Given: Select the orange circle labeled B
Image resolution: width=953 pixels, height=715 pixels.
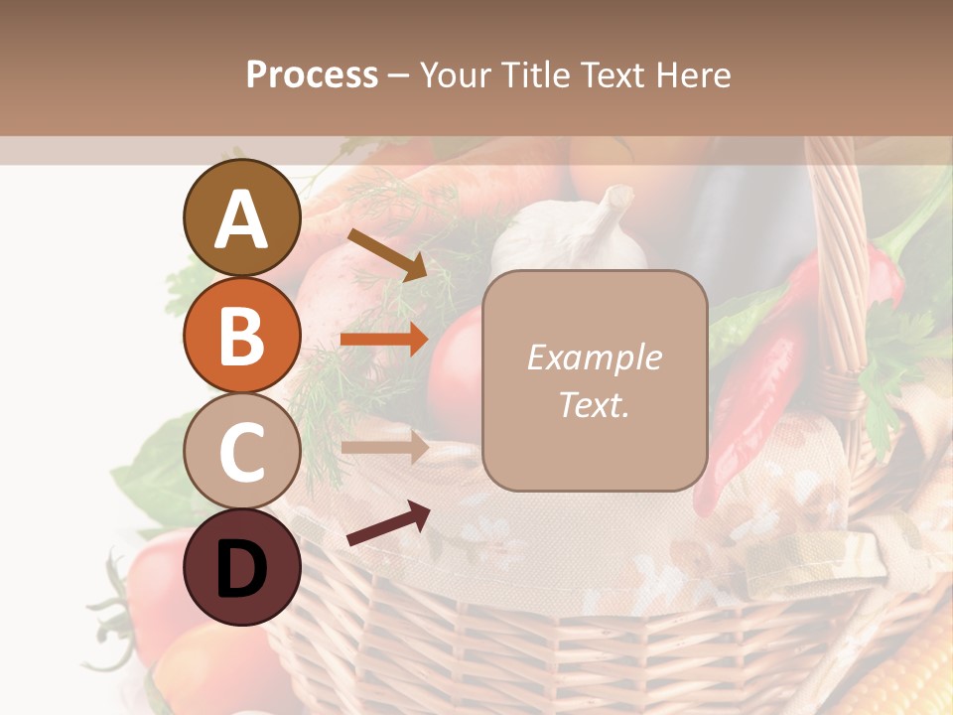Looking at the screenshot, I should (241, 335).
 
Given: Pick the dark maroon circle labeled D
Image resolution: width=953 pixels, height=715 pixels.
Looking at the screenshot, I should (241, 567).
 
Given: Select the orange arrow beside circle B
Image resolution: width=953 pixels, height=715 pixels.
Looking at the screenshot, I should (384, 340).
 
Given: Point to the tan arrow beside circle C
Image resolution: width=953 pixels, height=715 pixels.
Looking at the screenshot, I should (384, 447).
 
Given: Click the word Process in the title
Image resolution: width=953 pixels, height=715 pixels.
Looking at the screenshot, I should (312, 74).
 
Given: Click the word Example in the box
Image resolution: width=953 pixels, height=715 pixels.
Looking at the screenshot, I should (594, 357).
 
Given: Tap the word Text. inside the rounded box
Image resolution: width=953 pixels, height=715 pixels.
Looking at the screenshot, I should (594, 404).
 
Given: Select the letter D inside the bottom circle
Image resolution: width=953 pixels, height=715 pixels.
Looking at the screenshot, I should (241, 570).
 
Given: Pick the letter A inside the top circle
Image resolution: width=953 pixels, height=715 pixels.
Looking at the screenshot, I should (241, 220).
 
